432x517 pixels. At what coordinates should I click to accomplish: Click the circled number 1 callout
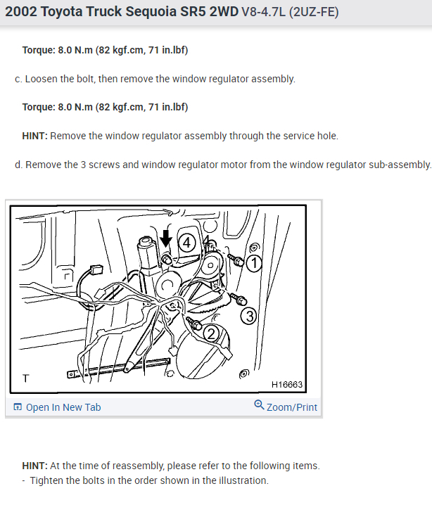coord(254,264)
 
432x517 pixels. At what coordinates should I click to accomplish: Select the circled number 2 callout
coord(211,333)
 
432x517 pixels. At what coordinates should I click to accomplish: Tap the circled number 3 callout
coord(249,317)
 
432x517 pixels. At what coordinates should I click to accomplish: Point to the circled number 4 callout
coord(186,243)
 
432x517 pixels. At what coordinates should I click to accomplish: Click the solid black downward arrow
coord(165,238)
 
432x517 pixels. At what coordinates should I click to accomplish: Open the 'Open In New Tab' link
coord(63,407)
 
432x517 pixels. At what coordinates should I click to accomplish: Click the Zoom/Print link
coord(291,407)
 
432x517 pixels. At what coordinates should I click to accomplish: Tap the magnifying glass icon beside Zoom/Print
coord(259,405)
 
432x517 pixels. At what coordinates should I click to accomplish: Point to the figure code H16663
coord(287,385)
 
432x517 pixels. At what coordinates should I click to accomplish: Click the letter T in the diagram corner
coord(26,378)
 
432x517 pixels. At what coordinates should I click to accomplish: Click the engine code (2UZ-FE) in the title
coord(314,12)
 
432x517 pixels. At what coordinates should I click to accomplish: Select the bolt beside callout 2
coord(194,324)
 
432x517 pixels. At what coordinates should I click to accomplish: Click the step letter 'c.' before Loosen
coord(18,79)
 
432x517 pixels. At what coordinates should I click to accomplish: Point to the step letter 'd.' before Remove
coord(18,165)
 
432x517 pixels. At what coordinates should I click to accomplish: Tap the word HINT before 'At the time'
coord(35,466)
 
